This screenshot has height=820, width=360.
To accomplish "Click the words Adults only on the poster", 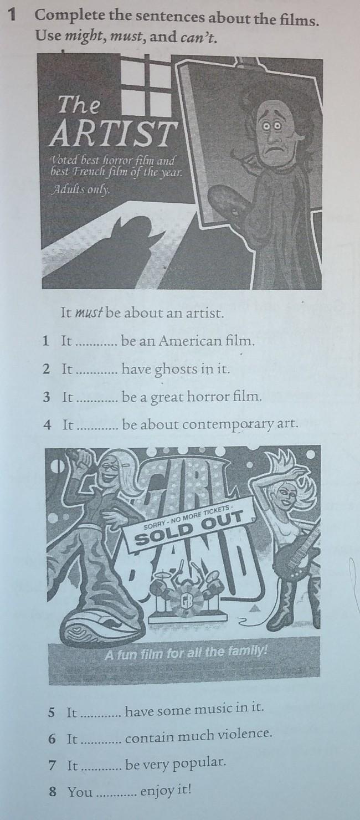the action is [x=81, y=189].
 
